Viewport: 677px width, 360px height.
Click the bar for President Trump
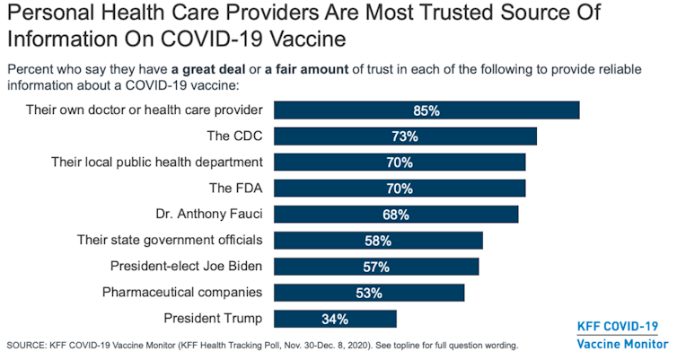[334, 319]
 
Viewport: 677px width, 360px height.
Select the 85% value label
[426, 110]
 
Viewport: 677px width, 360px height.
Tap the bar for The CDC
[404, 136]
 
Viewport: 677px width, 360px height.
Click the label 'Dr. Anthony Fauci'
[208, 215]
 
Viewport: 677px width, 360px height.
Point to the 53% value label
[368, 293]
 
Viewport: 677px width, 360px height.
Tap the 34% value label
[334, 319]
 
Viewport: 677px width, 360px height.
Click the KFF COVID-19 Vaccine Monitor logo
[617, 335]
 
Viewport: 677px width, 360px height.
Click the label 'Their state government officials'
[170, 241]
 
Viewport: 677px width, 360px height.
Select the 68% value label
[395, 215]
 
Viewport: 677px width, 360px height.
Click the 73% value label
[404, 136]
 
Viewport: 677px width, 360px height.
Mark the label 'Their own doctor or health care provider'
[145, 110]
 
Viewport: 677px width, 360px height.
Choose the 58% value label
[378, 241]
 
